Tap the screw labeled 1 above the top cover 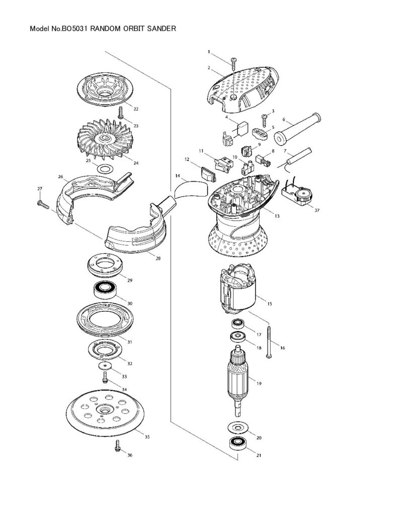pos(233,63)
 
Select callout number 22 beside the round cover pos(136,109)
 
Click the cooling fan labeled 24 pos(105,139)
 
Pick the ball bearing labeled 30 pos(105,290)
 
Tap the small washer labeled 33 pos(104,366)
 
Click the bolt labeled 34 pos(105,377)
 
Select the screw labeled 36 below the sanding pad pos(118,446)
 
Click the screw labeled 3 pos(264,120)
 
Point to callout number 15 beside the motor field pos(269,304)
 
